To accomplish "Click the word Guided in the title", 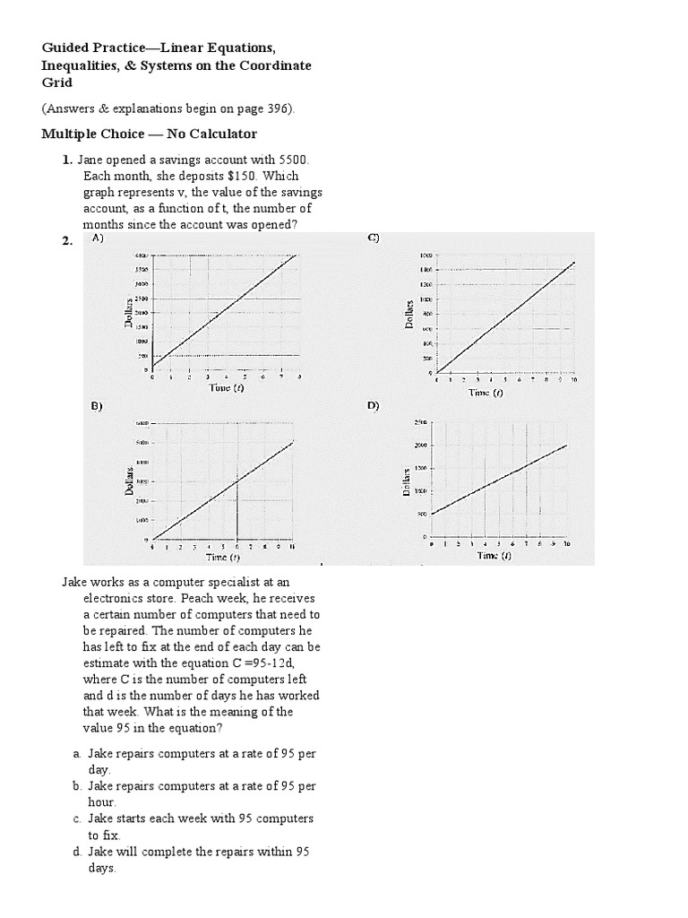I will pos(66,47).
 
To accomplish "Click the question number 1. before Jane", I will pos(67,160).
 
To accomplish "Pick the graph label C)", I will pos(374,238).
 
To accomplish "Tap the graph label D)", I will pos(374,406).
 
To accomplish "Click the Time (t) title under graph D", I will pos(494,555).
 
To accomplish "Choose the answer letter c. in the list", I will pos(77,818).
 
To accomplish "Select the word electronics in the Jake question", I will pos(118,598).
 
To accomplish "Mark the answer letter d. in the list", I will pos(77,852).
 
